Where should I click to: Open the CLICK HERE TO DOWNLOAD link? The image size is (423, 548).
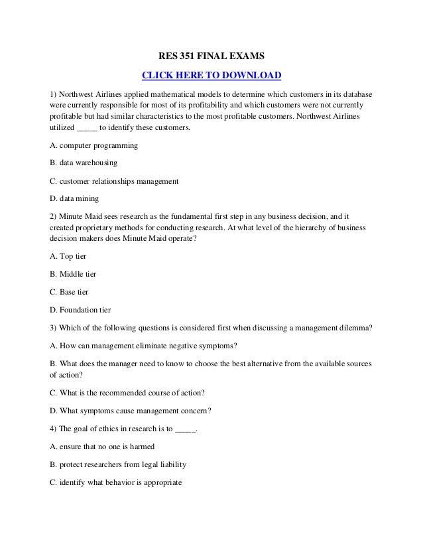(x=212, y=74)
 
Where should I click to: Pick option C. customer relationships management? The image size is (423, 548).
(x=114, y=180)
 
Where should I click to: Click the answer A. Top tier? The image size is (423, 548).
(x=68, y=256)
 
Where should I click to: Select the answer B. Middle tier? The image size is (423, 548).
(x=74, y=273)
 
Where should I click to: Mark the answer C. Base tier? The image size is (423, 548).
(x=70, y=291)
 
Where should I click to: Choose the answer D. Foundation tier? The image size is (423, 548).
(x=80, y=309)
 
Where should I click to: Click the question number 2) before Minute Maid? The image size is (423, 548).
(x=54, y=216)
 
